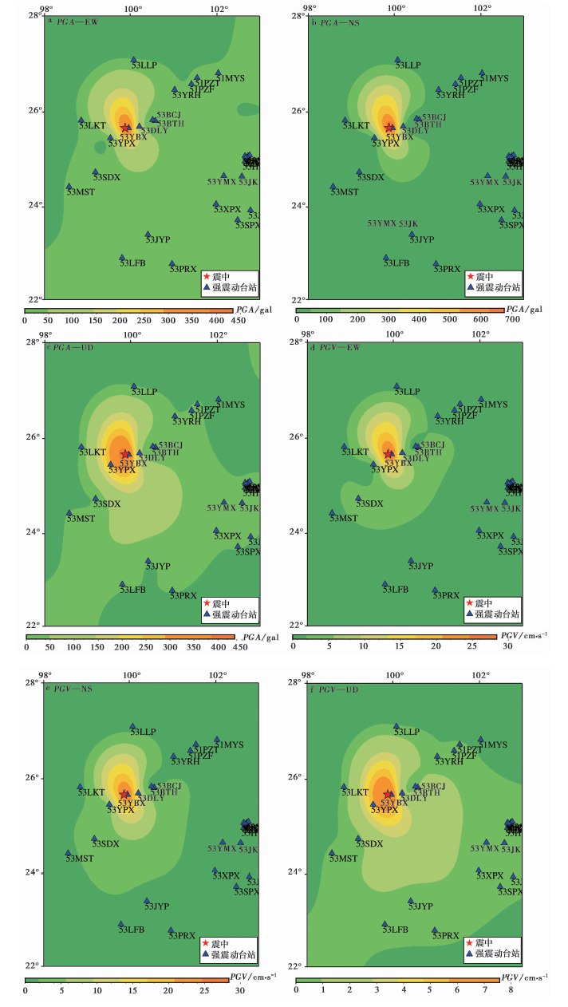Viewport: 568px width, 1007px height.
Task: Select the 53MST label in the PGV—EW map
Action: pos(344,519)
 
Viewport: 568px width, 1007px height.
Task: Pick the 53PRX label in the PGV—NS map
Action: pos(182,935)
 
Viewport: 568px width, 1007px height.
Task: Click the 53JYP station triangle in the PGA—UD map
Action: pos(148,561)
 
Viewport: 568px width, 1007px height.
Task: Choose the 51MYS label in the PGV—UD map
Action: pos(493,745)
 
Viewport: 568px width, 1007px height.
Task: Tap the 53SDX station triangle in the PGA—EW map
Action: pos(96,172)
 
